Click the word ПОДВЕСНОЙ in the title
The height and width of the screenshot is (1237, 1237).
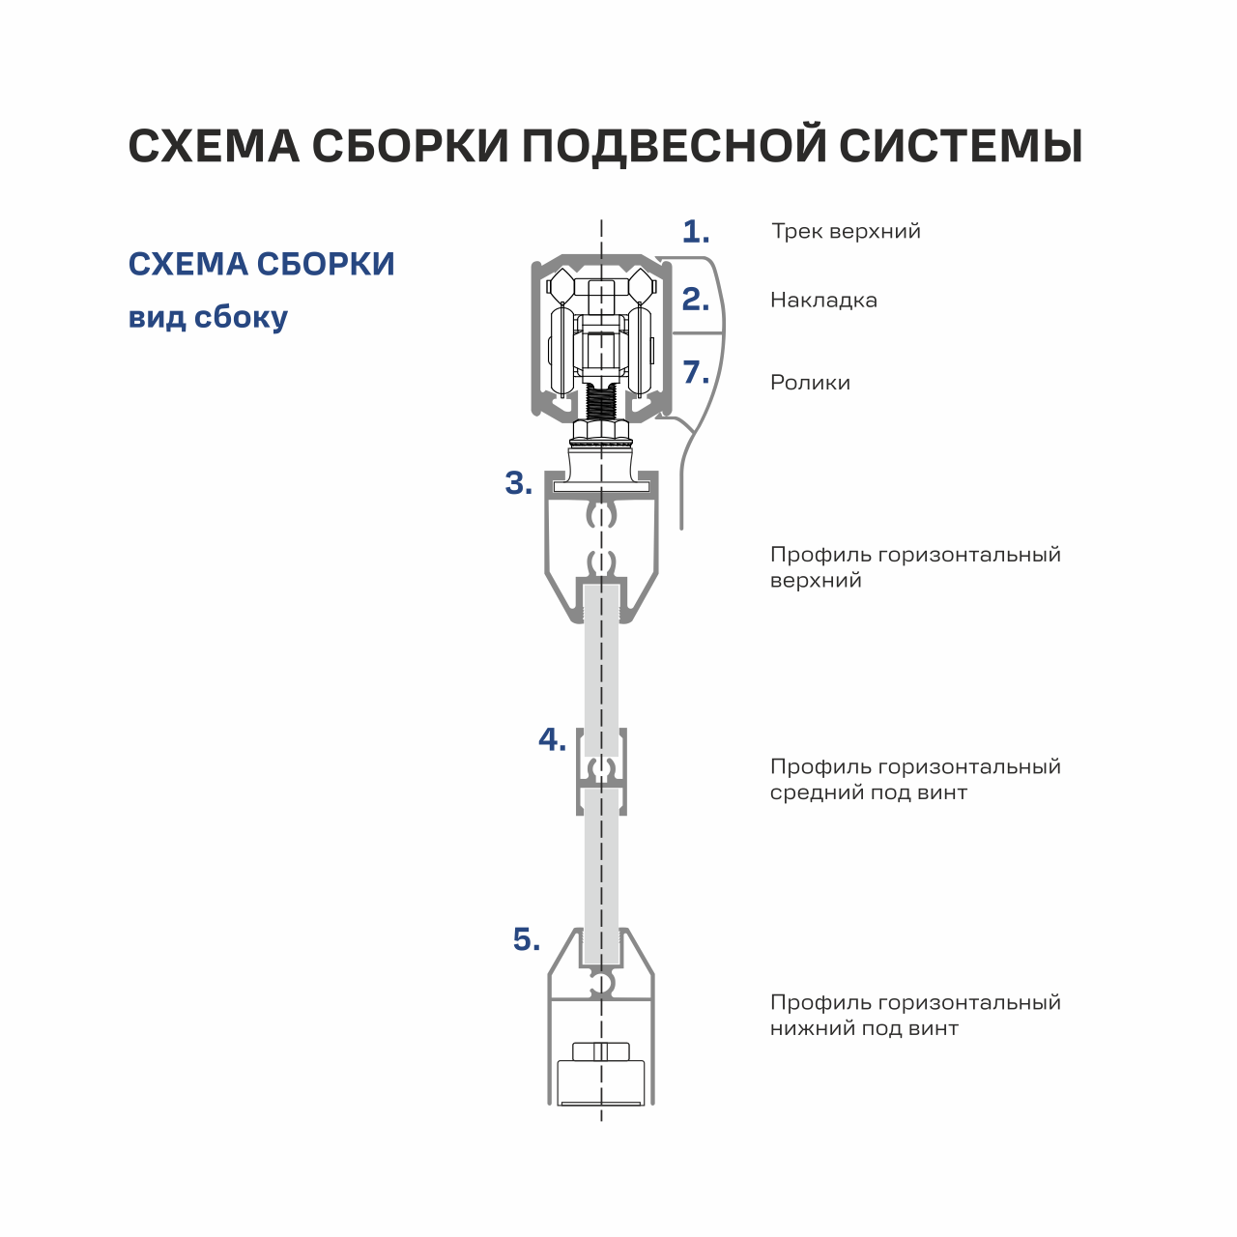[674, 146]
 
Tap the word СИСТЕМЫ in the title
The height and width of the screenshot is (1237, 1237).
[961, 146]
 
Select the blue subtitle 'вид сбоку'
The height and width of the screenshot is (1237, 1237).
[208, 318]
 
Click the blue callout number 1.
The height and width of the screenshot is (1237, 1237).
[695, 232]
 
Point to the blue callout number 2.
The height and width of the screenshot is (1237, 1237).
[695, 300]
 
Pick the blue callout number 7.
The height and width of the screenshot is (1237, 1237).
[696, 372]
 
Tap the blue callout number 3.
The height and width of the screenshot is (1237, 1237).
[519, 483]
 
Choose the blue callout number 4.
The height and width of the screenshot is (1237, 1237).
[552, 739]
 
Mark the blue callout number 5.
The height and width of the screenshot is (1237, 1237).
[527, 939]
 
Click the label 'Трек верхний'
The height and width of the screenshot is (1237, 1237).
[846, 232]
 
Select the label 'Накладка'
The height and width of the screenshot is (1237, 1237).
[823, 301]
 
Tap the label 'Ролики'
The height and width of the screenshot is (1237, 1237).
[810, 383]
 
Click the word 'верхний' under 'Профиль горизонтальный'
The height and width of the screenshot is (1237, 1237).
[816, 581]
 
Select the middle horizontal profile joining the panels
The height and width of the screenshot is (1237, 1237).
[601, 771]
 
